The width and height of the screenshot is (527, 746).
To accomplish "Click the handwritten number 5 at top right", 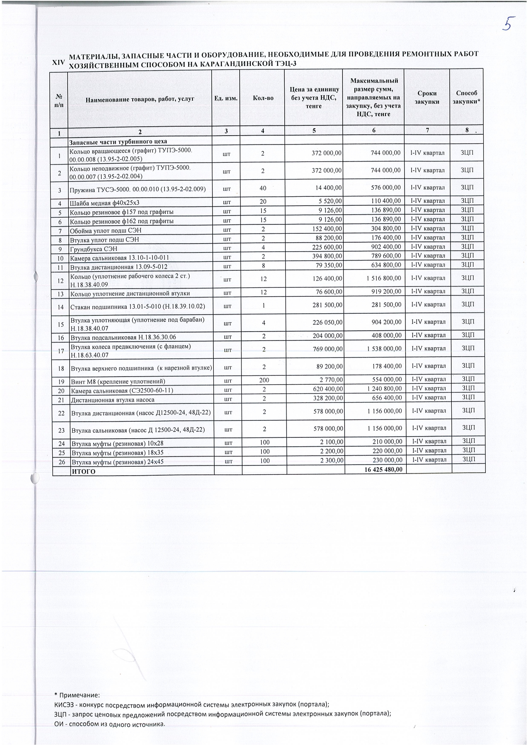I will pos(508,25).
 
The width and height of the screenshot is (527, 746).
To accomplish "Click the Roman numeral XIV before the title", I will pos(58,62).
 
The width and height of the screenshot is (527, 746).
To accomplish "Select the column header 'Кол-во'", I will pos(263,98).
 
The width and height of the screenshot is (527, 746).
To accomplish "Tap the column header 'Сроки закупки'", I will pos(427,97).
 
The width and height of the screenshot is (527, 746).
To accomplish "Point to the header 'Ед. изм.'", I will pos(226,98).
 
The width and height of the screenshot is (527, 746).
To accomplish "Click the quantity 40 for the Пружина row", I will pos(263,187).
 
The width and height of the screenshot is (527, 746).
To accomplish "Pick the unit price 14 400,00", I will pos(327,187).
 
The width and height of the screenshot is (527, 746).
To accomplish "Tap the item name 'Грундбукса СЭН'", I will pos(93,249).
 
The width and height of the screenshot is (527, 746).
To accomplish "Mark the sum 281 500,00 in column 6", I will pos(386,305).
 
